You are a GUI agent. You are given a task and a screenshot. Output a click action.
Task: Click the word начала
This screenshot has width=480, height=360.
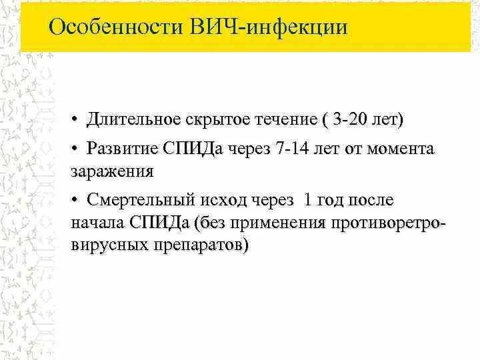(98, 222)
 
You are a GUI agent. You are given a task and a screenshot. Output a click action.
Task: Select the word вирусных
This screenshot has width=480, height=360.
(105, 245)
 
